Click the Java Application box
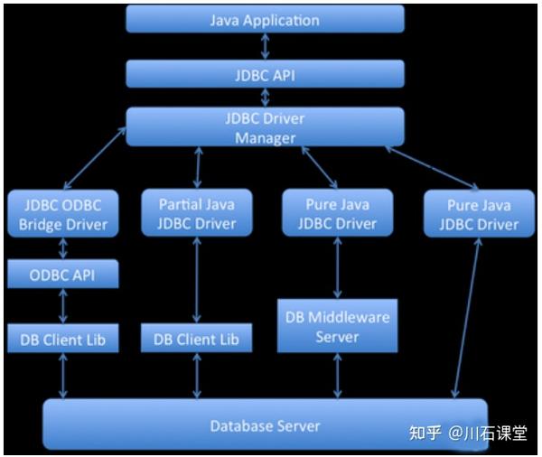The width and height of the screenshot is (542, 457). tap(265, 19)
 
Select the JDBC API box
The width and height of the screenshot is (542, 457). tap(265, 74)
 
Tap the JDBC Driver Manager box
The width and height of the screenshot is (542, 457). tap(265, 126)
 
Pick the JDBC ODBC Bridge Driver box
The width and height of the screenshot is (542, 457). tap(63, 214)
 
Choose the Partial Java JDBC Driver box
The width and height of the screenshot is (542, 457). tap(197, 212)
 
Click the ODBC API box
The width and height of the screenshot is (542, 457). tap(63, 274)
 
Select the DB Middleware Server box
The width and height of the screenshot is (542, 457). tap(337, 326)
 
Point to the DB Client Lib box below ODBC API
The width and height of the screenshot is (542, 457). tap(63, 339)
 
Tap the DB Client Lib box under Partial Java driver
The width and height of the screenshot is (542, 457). tap(196, 338)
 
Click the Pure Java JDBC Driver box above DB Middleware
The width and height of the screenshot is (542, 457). tap(337, 212)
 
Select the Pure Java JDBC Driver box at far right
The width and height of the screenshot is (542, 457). tap(479, 214)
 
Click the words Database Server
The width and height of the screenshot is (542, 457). tap(265, 426)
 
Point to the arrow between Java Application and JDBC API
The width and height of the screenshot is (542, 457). tap(265, 46)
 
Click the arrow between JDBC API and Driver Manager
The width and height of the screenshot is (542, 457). tap(265, 98)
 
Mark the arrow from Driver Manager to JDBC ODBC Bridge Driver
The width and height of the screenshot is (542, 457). tap(95, 158)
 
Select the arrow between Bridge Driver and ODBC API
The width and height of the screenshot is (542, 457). tap(63, 248)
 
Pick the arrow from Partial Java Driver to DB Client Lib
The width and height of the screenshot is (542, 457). tap(197, 280)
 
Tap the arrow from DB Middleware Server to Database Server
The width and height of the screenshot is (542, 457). tap(337, 376)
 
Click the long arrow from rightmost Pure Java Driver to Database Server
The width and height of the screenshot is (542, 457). tap(467, 318)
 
